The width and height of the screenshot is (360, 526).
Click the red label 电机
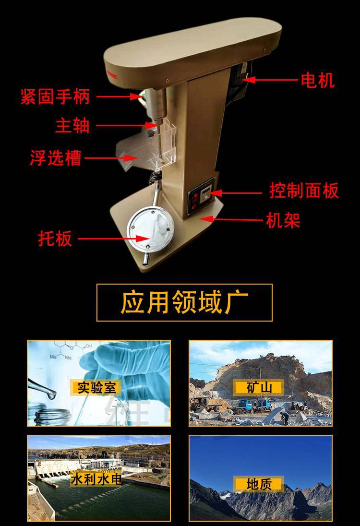[x=317, y=81]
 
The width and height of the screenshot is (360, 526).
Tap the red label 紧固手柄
[x=55, y=96]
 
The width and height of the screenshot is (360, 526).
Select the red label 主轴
[x=72, y=125]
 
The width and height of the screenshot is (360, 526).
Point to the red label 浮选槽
[x=55, y=158]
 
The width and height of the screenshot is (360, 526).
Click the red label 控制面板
[x=304, y=191]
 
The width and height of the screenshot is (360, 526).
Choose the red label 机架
[x=283, y=220]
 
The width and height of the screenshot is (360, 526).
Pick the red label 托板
[x=55, y=239]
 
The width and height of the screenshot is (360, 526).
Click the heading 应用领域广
[x=184, y=302]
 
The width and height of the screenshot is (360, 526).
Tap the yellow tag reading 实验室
[x=96, y=387]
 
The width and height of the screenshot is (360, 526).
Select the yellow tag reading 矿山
[x=259, y=387]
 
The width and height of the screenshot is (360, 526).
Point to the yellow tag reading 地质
[x=259, y=484]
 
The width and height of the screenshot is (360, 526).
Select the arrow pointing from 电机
[x=270, y=80]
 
